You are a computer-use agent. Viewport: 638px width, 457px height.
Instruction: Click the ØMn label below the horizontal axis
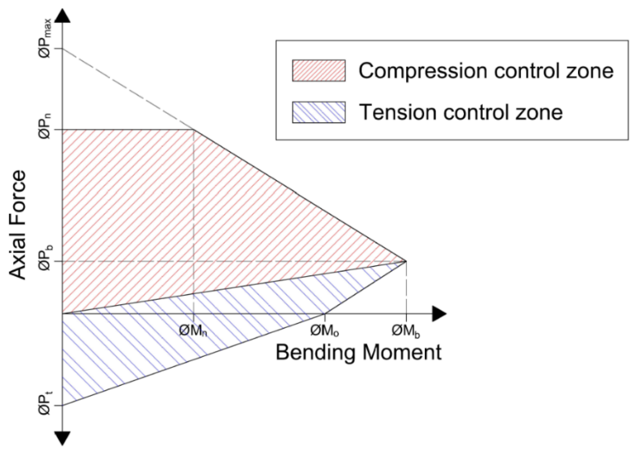[x=193, y=331]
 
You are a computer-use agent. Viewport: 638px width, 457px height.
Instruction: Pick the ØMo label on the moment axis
[x=324, y=331]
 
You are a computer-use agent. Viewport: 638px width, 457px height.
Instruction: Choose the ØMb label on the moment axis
[x=406, y=331]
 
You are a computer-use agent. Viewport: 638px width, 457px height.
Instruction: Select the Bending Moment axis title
[x=359, y=352]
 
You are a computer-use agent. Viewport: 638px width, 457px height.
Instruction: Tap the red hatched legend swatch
[x=319, y=71]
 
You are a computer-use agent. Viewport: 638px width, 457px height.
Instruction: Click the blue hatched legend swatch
[x=319, y=112]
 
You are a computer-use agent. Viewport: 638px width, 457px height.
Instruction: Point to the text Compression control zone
[x=486, y=71]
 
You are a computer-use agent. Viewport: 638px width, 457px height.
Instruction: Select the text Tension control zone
[x=461, y=112]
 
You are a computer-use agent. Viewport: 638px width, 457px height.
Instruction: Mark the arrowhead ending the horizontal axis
[x=439, y=314]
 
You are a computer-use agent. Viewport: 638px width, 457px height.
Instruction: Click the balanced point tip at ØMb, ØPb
[x=406, y=261]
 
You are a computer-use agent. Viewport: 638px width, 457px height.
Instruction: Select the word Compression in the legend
[x=423, y=71]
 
